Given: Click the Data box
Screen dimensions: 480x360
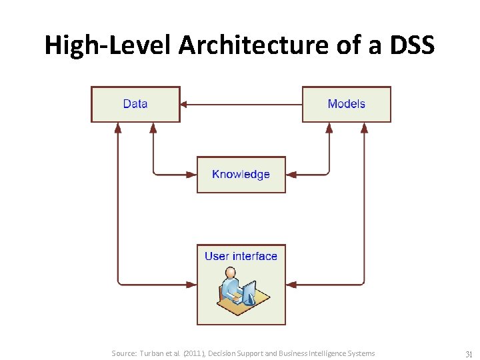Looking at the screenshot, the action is [x=135, y=104].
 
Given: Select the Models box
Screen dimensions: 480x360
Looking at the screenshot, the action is [x=346, y=104].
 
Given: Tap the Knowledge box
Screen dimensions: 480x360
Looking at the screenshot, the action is [x=241, y=175].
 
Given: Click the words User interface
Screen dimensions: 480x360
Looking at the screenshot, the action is [x=241, y=256].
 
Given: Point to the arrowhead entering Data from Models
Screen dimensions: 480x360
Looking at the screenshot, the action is [x=185, y=104].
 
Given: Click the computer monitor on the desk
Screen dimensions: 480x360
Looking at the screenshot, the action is [x=249, y=291].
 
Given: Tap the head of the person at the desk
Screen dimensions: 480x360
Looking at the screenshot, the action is [x=230, y=273].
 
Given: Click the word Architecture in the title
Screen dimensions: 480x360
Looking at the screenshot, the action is [x=225, y=45].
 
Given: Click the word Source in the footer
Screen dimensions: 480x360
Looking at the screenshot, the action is [x=124, y=353].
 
